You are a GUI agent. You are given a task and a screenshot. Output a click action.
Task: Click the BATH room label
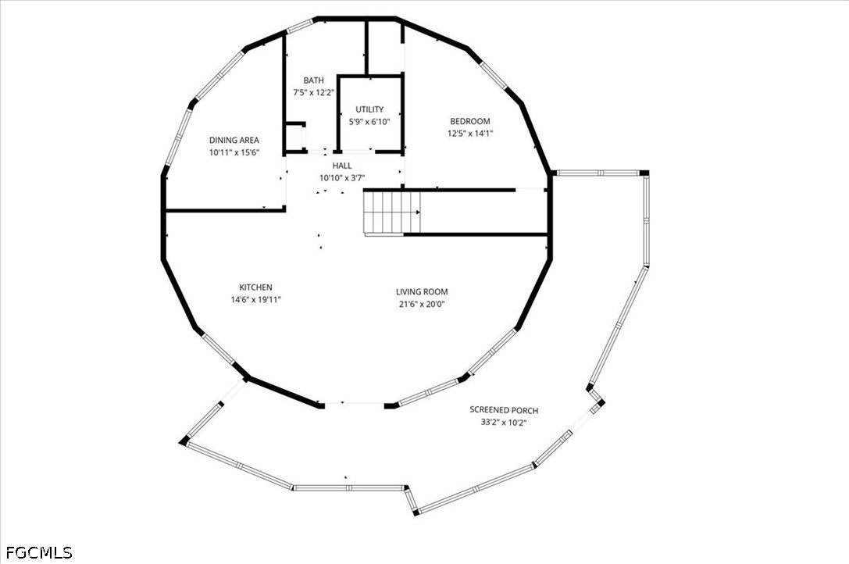tap(313, 80)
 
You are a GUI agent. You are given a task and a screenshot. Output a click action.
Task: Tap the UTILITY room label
tap(369, 109)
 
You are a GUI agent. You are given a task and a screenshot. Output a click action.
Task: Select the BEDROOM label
tap(470, 121)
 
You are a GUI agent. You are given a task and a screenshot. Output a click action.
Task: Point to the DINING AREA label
tap(234, 141)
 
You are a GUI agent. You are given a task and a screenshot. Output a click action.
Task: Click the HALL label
tap(342, 166)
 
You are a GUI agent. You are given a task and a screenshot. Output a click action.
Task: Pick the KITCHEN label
tap(255, 287)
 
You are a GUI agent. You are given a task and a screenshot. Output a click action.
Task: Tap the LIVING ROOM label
tap(422, 292)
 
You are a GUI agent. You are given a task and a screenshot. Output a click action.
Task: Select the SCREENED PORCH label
tap(504, 410)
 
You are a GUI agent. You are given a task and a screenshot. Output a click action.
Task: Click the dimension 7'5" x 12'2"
tap(313, 93)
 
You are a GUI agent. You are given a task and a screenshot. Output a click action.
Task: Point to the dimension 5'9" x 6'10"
tap(369, 122)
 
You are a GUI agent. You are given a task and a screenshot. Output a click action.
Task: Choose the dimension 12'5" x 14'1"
tap(470, 134)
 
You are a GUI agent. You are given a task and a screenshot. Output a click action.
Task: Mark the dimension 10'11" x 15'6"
tap(234, 153)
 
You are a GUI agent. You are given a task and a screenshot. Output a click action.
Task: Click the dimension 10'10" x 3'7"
tap(342, 177)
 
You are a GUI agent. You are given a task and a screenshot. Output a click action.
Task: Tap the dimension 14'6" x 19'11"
tap(255, 300)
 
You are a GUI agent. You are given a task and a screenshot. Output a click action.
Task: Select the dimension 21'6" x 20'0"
tap(422, 305)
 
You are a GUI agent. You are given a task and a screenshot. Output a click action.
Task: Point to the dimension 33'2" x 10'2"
tap(504, 423)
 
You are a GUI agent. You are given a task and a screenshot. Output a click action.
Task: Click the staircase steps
tap(392, 212)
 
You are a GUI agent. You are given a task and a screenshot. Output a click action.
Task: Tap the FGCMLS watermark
tap(39, 552)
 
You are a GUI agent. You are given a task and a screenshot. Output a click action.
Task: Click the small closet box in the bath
tap(296, 137)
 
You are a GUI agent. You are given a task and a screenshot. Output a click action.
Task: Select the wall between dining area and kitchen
tap(225, 209)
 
